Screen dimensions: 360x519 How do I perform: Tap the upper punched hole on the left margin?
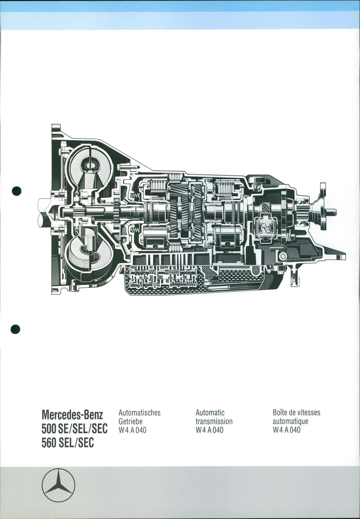tap(17, 191)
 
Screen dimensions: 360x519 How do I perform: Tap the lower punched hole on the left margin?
tap(15, 329)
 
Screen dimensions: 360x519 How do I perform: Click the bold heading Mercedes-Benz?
tap(72, 415)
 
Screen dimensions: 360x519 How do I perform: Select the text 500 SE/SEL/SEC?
tap(75, 429)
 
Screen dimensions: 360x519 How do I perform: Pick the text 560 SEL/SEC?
tap(67, 443)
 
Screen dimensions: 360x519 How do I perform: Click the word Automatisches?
tap(140, 413)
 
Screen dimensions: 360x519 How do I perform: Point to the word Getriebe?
tap(130, 421)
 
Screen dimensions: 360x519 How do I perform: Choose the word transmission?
tap(214, 421)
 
